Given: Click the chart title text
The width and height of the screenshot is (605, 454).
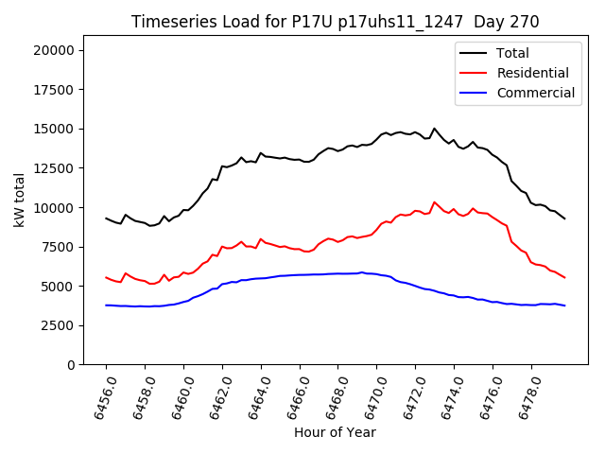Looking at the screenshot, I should click(x=335, y=22).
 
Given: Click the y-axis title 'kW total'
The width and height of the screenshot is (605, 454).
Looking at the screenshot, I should click(x=20, y=199).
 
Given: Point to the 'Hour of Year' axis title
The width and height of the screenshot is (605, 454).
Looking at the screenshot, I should click(x=335, y=432).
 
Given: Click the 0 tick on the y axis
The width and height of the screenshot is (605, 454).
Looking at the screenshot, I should click(x=72, y=364).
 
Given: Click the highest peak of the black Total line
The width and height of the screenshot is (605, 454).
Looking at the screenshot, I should click(x=435, y=129).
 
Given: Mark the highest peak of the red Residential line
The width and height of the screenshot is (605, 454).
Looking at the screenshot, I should click(x=435, y=201).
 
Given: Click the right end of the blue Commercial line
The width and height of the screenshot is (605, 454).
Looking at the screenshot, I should click(x=564, y=306).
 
